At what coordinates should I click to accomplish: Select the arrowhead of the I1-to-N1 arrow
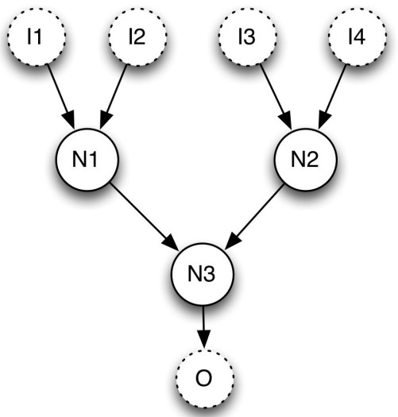(71, 121)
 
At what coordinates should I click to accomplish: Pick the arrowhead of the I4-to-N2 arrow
(321, 122)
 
